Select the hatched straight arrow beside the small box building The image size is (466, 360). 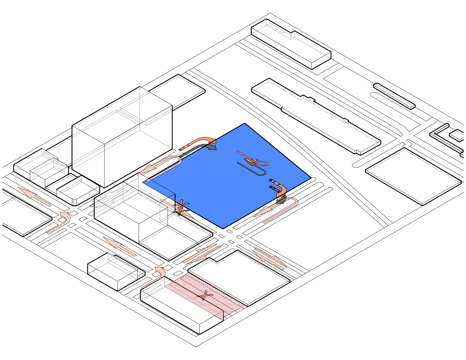coord(120,247)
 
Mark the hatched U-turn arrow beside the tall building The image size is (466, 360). coord(164,165)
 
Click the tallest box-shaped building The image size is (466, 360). coord(121,138)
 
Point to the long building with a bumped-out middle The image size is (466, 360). coord(316,116)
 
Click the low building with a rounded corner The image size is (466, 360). coord(78,192)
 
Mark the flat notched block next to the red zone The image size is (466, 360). coord(240,277)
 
